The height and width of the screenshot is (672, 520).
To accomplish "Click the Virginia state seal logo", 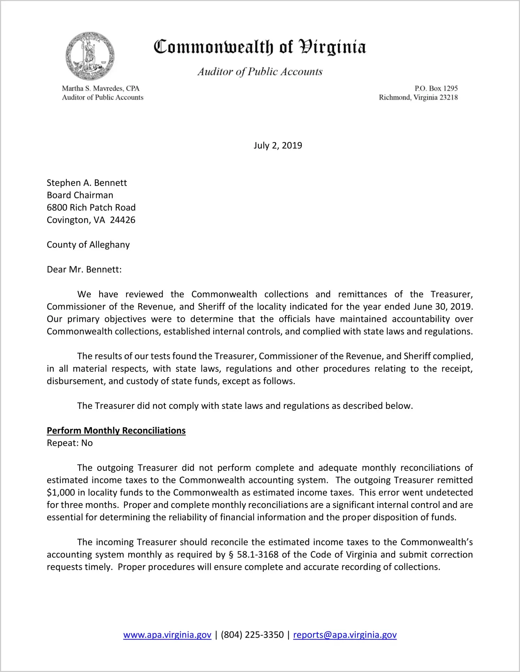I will (x=90, y=56).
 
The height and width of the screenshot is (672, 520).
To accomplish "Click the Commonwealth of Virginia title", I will (x=260, y=47).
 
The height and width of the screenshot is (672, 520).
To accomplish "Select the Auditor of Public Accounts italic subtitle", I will (x=260, y=72).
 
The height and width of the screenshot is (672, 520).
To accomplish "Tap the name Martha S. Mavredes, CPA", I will (x=101, y=88).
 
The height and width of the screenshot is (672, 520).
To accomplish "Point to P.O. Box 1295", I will (x=436, y=88).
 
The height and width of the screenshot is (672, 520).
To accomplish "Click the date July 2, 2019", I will (x=278, y=145).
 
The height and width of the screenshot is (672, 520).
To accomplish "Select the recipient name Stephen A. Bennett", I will (x=87, y=183).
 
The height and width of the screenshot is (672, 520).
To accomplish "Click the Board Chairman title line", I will (x=80, y=195).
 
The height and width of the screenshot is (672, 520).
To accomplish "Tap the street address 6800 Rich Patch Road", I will (x=91, y=208).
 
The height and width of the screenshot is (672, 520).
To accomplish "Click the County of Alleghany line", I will (x=88, y=245).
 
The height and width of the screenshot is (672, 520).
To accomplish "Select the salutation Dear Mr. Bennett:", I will (x=84, y=270).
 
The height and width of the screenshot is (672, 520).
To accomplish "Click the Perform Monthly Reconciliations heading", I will (x=116, y=431).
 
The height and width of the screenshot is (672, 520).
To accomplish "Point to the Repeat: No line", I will (x=70, y=443).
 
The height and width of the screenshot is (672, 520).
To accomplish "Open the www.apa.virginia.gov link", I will (x=167, y=635).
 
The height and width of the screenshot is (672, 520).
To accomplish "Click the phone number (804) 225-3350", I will (x=252, y=635).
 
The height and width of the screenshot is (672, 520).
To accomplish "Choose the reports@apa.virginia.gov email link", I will (x=345, y=635).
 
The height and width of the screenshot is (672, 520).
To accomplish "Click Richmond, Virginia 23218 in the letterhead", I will (x=418, y=97).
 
